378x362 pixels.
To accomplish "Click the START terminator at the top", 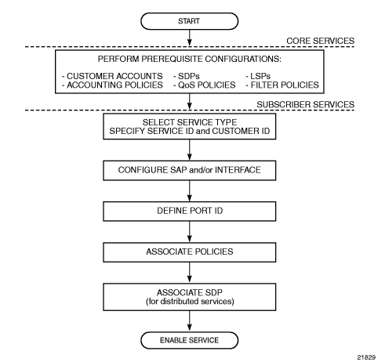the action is pos(189,21).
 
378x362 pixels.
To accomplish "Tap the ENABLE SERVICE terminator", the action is pos(189,340).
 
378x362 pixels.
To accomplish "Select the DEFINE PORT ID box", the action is pos(189,212).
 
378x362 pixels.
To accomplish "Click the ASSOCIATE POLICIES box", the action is pos(189,252).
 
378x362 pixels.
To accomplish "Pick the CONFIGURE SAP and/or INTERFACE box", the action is pos(189,170).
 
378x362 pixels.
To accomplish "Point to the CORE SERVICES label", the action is pos(320,41).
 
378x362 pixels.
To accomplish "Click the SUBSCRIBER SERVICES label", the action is pos(305,104).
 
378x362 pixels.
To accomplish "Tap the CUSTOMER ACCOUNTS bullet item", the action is pos(112,76).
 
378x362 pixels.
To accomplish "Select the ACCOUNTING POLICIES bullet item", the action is pos(112,85).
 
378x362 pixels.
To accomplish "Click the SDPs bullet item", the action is pos(186,76).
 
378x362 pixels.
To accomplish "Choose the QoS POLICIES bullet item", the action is pos(204,85).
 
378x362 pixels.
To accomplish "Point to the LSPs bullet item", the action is pos(258,76).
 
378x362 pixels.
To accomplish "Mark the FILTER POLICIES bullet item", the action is pos(282,85).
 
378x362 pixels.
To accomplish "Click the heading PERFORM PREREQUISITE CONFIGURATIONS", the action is pos(190,59).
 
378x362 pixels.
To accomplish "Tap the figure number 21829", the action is pos(366,357).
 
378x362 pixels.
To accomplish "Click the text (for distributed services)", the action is pos(190,302).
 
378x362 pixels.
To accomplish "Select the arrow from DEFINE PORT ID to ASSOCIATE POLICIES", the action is pos(190,232).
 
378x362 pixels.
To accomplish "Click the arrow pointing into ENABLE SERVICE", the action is pos(190,321).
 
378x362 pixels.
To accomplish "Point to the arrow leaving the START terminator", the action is pos(190,38).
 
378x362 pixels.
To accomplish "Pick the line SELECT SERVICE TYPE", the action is pos(190,122).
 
